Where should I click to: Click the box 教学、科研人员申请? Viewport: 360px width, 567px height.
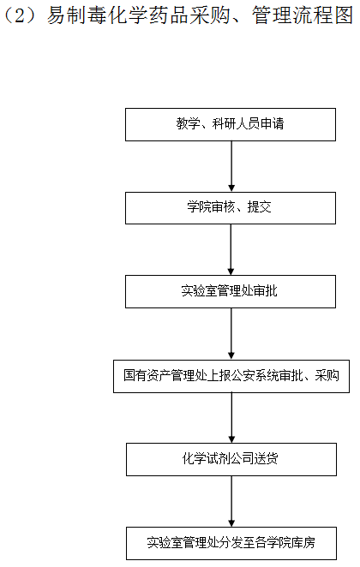[231, 124]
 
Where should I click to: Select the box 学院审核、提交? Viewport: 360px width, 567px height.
[231, 208]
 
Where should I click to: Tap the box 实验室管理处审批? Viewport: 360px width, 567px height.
[231, 291]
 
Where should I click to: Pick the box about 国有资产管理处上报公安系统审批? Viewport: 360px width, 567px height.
[231, 376]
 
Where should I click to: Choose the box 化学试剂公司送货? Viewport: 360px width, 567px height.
[231, 459]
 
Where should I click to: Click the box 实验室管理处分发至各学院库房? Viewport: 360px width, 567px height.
[231, 543]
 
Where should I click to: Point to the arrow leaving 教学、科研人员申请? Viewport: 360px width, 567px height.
[231, 166]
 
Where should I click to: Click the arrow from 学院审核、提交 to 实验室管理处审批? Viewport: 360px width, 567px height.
[231, 249]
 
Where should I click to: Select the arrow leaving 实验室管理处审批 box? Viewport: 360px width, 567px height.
[231, 334]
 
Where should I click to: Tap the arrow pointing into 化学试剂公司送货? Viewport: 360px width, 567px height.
[231, 418]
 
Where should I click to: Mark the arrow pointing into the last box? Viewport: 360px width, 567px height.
[231, 501]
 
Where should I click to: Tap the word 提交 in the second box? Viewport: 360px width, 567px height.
[259, 206]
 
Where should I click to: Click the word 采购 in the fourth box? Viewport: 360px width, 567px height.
[327, 375]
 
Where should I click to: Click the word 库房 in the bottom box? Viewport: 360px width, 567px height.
[303, 542]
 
